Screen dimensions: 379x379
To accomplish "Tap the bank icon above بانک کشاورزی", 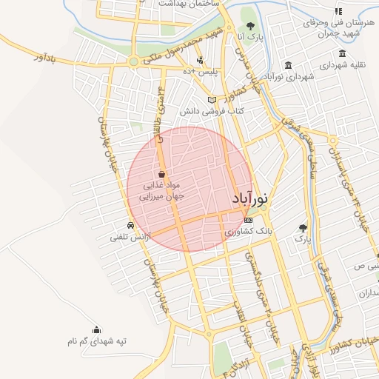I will coord(248,220).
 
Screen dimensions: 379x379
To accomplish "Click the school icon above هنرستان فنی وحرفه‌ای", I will coord(338,12).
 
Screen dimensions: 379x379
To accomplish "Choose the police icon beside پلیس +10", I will coord(201,59).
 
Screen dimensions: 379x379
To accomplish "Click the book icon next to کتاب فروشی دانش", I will coord(212,99).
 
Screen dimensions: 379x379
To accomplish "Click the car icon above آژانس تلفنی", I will coord(130,226).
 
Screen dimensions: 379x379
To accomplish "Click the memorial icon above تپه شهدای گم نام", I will coord(96,329).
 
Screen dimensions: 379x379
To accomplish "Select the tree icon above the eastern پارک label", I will coord(302,228).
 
